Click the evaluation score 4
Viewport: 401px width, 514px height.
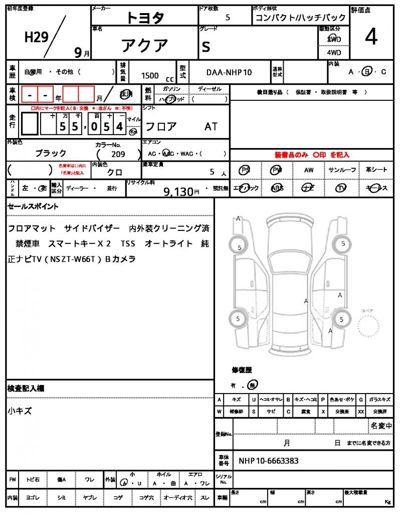coord(371,38)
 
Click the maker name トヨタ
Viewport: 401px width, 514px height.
coord(145,18)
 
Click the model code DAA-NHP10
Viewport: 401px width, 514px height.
coord(229,72)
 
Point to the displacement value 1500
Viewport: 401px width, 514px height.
coord(150,76)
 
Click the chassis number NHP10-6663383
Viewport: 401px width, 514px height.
coord(269,461)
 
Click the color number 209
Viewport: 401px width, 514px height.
coord(118,155)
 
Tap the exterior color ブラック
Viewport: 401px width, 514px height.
coord(50,154)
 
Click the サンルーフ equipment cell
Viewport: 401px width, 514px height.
coord(342,170)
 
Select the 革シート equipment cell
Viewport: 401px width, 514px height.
coord(376,170)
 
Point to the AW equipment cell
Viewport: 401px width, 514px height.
coord(309,170)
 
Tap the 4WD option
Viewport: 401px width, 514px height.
coord(334,52)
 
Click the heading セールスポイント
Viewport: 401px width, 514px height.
coord(33,206)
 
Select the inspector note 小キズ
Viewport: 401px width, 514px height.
coord(20,411)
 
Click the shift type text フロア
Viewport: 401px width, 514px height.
coord(160,126)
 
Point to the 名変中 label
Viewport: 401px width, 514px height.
coord(381,426)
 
